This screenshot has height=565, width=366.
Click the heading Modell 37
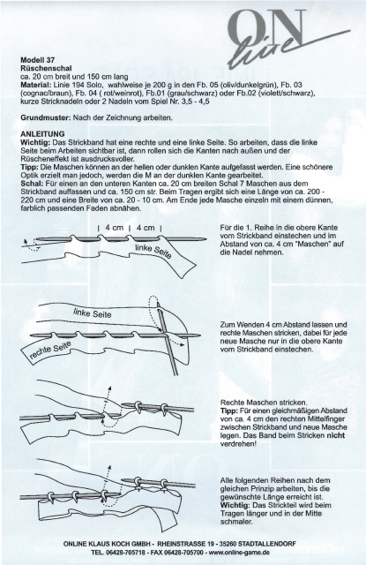[x=38, y=60]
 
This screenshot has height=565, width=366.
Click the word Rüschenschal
[x=46, y=68]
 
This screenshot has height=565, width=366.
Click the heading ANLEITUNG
[x=42, y=134]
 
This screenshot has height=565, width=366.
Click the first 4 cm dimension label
[x=115, y=228]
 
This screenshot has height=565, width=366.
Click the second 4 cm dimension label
[x=146, y=228]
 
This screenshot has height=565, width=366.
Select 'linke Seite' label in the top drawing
[x=153, y=251]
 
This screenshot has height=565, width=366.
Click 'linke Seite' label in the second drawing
[x=92, y=313]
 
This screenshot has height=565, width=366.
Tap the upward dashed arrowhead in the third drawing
[x=109, y=388]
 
